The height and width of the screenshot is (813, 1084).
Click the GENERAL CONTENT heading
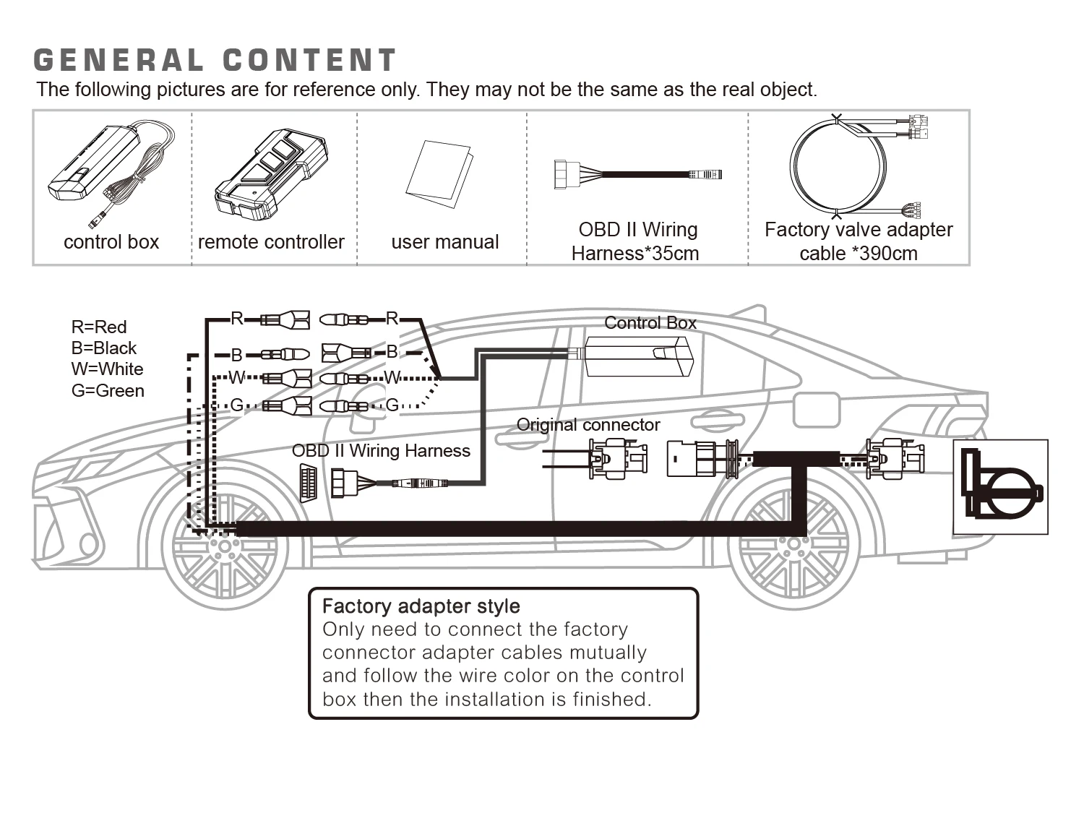coord(215,60)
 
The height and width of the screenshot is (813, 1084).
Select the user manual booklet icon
coord(439,173)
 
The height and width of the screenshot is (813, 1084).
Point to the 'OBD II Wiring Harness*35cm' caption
coord(636,241)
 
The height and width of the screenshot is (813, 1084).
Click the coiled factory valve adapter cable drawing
coord(838,166)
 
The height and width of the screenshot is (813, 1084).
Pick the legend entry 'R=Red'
coord(99,327)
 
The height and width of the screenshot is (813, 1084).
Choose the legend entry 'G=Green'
coord(108,390)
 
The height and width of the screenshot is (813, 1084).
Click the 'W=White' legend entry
coord(107,369)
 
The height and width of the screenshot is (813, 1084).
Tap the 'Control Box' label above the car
coord(650,323)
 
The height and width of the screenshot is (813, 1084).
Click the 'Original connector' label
coord(588,425)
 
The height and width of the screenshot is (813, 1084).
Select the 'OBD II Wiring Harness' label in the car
coord(381,451)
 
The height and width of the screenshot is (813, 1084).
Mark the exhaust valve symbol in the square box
coord(1000,486)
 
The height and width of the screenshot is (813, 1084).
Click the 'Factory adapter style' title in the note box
coord(421,606)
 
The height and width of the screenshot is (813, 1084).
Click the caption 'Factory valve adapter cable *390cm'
coord(859,241)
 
